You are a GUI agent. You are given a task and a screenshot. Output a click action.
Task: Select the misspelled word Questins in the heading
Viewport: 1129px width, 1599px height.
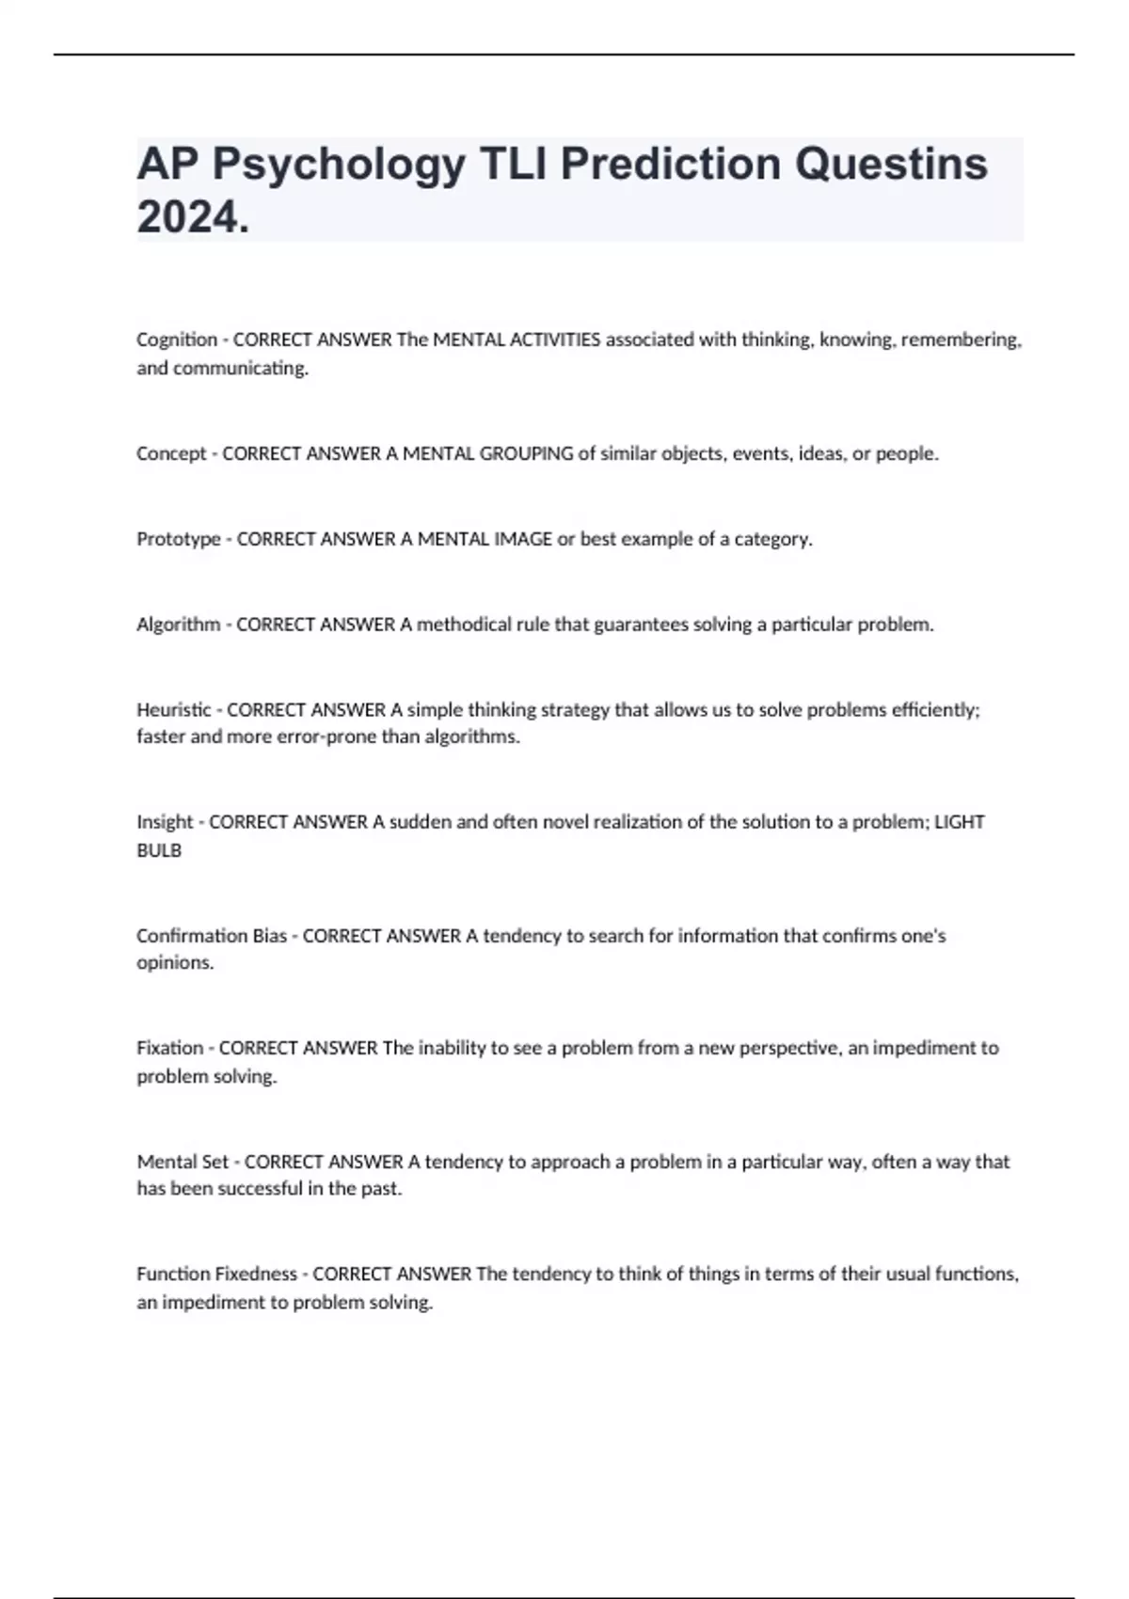(x=891, y=165)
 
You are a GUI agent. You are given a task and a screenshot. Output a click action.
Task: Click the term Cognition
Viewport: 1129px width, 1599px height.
(x=177, y=340)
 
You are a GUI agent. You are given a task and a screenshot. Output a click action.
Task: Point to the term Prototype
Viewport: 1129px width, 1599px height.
(x=179, y=540)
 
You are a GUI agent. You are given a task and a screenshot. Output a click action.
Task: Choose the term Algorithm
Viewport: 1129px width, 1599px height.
(x=179, y=625)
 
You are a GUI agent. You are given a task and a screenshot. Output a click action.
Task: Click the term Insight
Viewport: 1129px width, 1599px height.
(x=165, y=822)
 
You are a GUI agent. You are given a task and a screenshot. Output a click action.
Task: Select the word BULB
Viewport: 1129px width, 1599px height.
(x=159, y=850)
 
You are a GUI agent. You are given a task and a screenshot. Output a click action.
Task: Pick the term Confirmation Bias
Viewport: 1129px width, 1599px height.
(x=212, y=936)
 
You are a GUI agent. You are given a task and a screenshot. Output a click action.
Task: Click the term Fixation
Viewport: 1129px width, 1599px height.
(x=170, y=1048)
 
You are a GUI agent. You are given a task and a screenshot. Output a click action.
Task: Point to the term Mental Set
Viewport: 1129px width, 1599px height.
(x=183, y=1162)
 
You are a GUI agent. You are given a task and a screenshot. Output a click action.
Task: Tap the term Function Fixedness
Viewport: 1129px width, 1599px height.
(x=216, y=1274)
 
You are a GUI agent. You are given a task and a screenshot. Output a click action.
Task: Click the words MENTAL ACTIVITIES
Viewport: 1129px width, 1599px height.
(x=517, y=340)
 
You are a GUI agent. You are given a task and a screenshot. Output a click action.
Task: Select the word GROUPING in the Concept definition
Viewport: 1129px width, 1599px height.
(x=526, y=454)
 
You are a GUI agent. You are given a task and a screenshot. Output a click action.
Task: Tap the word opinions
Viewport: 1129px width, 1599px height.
(x=175, y=963)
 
